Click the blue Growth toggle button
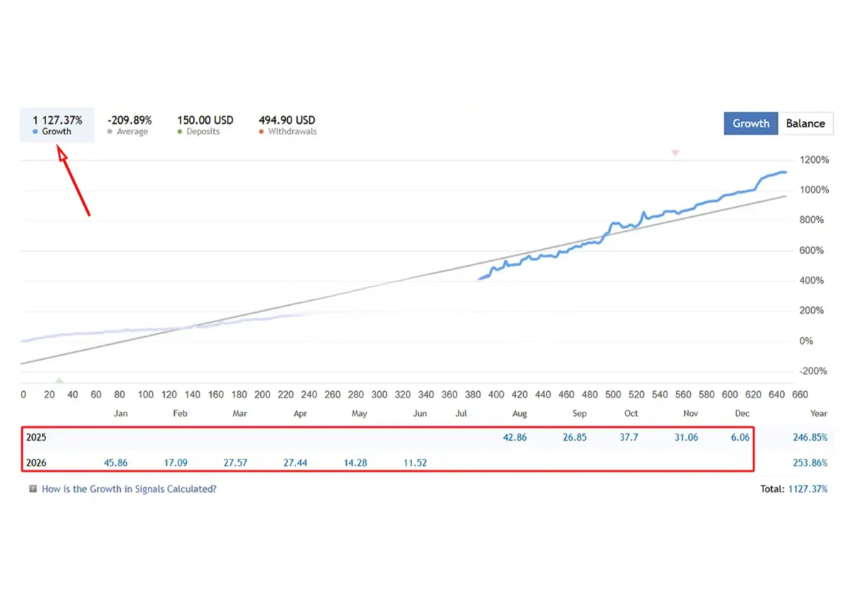pyautogui.click(x=751, y=124)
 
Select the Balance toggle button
pyautogui.click(x=805, y=124)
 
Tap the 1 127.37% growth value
pyautogui.click(x=58, y=120)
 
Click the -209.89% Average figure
pyautogui.click(x=129, y=120)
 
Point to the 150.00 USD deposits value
pyautogui.click(x=205, y=120)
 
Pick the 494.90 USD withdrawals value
pyautogui.click(x=286, y=120)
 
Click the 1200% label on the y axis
pyautogui.click(x=814, y=159)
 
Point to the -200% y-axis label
pyautogui.click(x=813, y=371)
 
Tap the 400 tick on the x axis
pyautogui.click(x=496, y=395)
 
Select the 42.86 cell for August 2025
pyautogui.click(x=515, y=437)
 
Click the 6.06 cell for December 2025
pyautogui.click(x=740, y=437)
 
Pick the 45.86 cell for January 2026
pyautogui.click(x=116, y=463)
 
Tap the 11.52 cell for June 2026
pyautogui.click(x=415, y=463)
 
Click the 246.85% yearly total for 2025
pyautogui.click(x=810, y=437)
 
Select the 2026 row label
pyautogui.click(x=36, y=463)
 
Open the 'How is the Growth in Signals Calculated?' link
pyautogui.click(x=129, y=489)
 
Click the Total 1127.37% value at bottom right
pyautogui.click(x=808, y=489)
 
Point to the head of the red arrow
pyautogui.click(x=58, y=146)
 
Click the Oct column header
pyautogui.click(x=631, y=413)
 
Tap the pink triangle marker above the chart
pyautogui.click(x=675, y=152)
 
